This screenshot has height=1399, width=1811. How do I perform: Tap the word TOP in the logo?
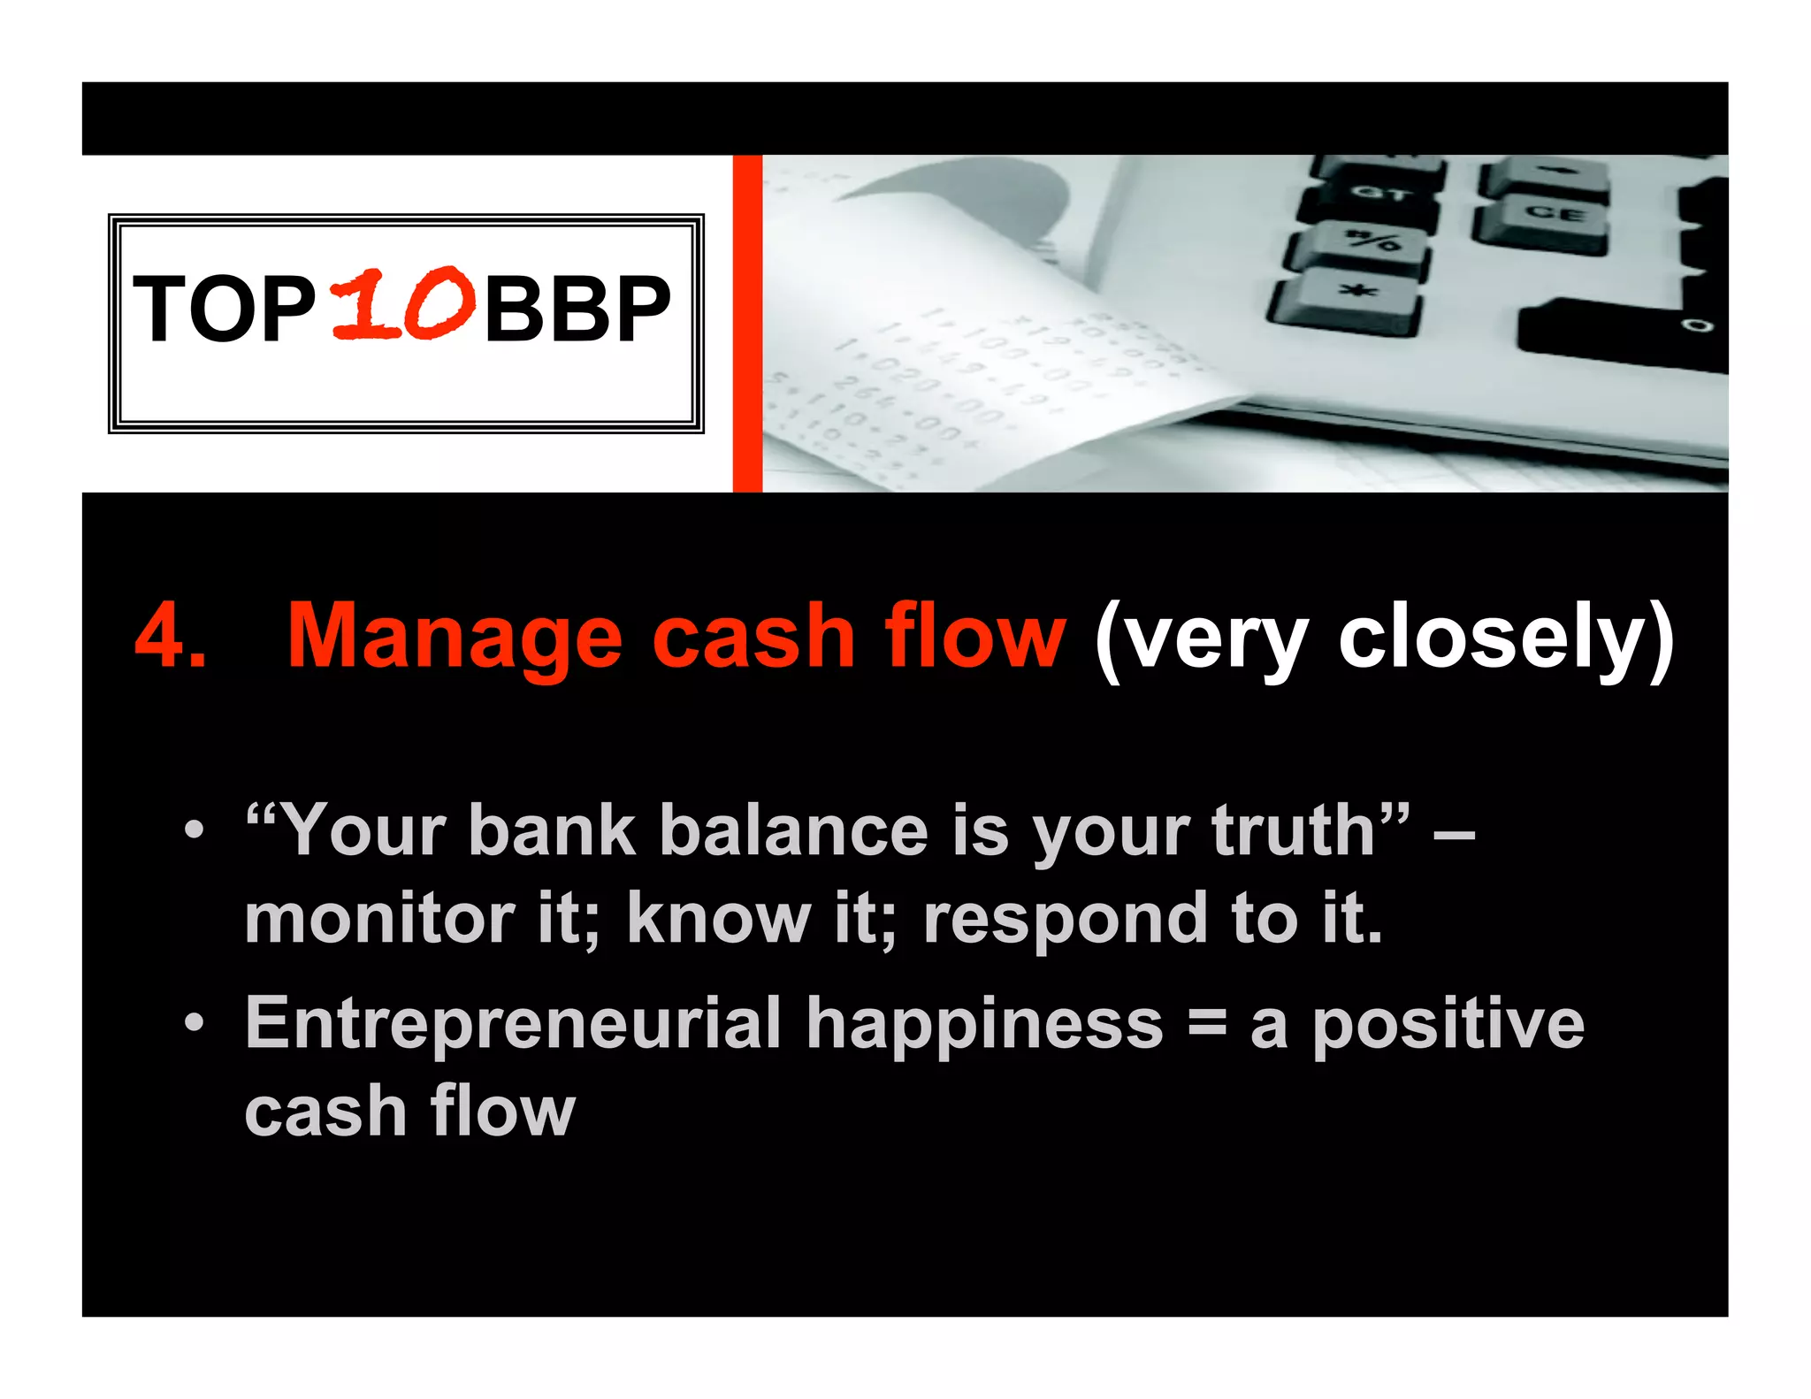(x=224, y=309)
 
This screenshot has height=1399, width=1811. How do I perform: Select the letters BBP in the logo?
(x=577, y=309)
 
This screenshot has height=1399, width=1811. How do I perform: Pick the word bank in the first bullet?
(x=552, y=831)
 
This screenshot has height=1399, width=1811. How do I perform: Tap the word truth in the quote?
(x=1294, y=831)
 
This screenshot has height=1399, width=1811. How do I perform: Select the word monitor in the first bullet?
(x=379, y=919)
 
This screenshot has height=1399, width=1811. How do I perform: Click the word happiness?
(x=984, y=1024)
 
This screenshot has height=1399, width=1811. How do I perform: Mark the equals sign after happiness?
(x=1207, y=1024)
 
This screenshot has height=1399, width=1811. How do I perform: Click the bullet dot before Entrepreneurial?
(x=194, y=1024)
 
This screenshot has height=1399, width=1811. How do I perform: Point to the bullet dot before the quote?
(x=194, y=831)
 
